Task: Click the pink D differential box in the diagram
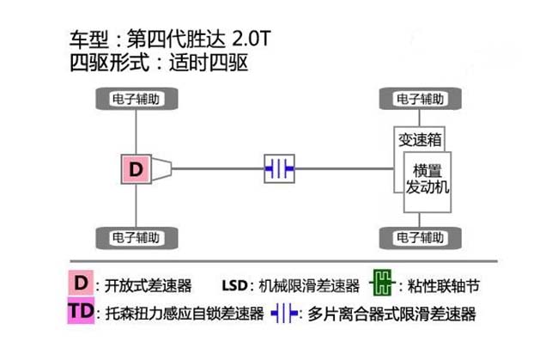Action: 136,169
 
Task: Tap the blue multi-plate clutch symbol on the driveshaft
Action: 279,168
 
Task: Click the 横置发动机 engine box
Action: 428,182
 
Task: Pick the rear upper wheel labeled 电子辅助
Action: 136,99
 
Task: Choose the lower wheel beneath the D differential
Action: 136,238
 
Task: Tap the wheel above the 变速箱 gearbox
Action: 421,99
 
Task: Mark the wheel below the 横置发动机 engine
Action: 421,238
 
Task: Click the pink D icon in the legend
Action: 81,283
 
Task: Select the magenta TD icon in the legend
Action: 82,311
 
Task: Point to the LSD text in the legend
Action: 234,285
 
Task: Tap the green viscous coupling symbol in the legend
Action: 382,283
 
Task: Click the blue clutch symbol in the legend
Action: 284,314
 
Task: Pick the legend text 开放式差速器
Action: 148,285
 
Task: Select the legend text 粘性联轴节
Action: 444,285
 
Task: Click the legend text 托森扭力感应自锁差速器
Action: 185,314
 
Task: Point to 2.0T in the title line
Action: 252,39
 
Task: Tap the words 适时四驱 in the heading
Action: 209,63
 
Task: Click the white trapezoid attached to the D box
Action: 161,169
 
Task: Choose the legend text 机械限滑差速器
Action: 309,285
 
